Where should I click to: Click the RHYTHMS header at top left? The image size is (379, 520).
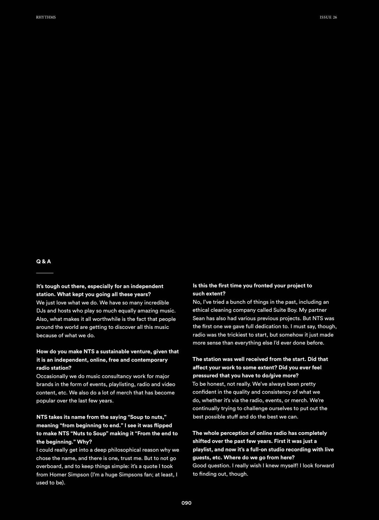46,17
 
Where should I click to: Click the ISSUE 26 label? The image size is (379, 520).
328,17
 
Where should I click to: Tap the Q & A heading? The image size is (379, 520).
44,262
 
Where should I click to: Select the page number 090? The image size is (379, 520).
186,503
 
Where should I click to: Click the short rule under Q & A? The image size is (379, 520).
45,273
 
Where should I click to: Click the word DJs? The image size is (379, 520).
41,311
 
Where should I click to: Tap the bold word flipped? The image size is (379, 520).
163,425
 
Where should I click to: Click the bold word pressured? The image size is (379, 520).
207,376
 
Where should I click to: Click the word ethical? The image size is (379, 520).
201,310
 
